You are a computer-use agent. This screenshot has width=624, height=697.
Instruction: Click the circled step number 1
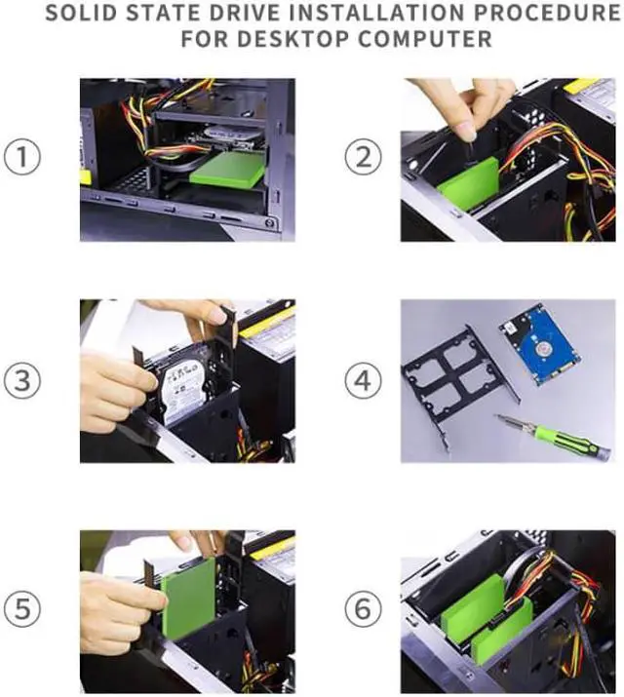[x=21, y=157]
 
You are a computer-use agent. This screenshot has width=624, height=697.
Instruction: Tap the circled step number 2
[x=363, y=157]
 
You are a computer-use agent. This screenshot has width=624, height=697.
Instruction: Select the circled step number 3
[x=21, y=381]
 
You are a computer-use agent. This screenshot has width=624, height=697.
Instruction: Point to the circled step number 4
[x=363, y=381]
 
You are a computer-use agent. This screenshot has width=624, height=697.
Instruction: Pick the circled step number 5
[x=21, y=608]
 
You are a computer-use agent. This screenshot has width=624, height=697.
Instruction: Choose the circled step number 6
[x=363, y=608]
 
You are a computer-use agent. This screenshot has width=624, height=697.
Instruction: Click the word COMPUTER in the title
[x=426, y=39]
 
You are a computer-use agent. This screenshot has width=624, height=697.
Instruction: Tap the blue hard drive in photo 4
[x=539, y=343]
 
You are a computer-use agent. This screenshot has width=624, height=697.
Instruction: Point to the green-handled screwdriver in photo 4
[x=553, y=437]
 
